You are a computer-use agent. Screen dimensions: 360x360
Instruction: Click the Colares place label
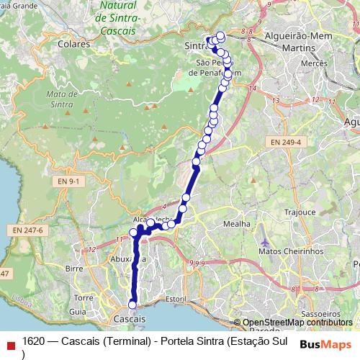(76, 43)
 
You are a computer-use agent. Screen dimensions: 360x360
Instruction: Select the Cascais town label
(130, 318)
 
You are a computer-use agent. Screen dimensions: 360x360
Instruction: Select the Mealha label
(237, 224)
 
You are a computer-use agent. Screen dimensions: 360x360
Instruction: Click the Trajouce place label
(300, 212)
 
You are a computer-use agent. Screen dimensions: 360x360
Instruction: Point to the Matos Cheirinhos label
(288, 251)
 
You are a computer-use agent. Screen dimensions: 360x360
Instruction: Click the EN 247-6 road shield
(28, 229)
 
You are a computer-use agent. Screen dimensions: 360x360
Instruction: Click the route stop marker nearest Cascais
(132, 305)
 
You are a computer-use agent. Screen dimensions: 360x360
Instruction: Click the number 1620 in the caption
(34, 340)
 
